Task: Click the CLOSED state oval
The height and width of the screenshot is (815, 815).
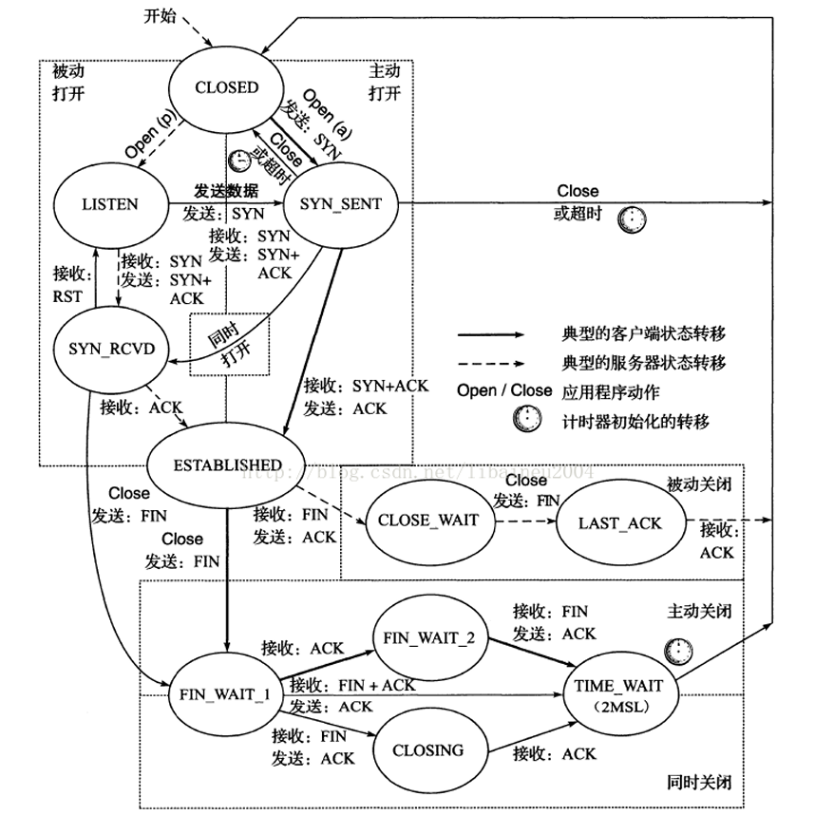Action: (x=226, y=88)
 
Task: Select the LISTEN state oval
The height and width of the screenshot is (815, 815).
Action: (x=109, y=203)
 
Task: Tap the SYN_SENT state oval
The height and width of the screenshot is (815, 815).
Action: (x=340, y=203)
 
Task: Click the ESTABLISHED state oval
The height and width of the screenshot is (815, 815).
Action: (x=227, y=464)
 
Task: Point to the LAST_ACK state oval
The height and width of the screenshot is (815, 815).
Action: (x=621, y=523)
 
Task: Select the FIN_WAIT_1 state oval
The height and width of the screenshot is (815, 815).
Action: (x=225, y=692)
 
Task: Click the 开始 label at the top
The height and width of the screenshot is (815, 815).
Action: (x=161, y=16)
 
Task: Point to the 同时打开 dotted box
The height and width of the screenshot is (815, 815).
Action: (x=229, y=344)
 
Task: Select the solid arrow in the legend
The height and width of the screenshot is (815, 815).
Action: (x=490, y=335)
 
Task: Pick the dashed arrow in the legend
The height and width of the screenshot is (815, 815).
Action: (x=490, y=362)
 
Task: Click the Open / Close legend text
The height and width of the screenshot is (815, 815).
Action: (x=504, y=390)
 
